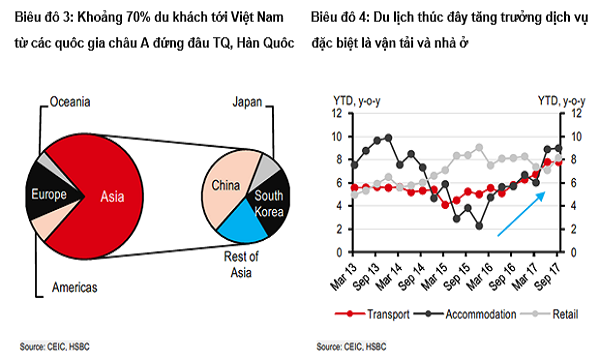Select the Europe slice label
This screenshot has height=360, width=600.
[49, 194]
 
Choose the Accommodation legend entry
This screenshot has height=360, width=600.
[472, 314]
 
